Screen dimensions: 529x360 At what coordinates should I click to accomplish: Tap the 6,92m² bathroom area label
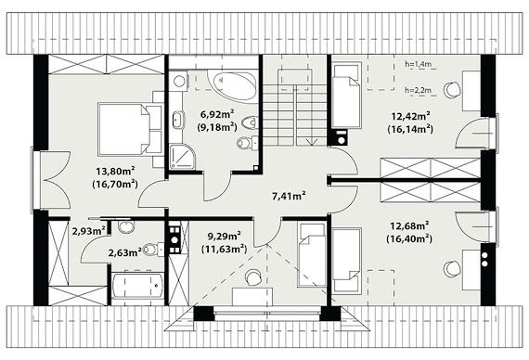[x=217, y=114]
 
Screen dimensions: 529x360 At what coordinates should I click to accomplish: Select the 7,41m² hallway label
[x=289, y=196]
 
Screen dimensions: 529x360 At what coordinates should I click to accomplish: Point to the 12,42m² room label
[x=410, y=116]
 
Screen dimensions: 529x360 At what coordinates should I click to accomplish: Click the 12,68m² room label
[x=409, y=225]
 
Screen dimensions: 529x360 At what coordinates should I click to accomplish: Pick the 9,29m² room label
[x=224, y=236]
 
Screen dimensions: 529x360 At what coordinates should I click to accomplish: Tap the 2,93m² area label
[x=89, y=231]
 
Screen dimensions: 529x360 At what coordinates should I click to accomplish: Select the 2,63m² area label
[x=124, y=252]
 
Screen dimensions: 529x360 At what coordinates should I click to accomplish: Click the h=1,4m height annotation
[x=419, y=64]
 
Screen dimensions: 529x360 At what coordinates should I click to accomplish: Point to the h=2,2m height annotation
[x=419, y=90]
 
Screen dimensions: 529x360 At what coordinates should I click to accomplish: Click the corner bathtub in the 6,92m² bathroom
[x=232, y=85]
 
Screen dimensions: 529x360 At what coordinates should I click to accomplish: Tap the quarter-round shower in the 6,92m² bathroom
[x=182, y=157]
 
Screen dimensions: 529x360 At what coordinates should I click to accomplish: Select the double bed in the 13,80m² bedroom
[x=130, y=129]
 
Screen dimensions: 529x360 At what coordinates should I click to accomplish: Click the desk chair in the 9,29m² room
[x=252, y=277]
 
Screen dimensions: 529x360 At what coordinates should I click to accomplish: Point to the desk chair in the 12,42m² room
[x=452, y=90]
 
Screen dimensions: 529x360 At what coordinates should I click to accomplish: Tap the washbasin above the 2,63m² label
[x=126, y=227]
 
